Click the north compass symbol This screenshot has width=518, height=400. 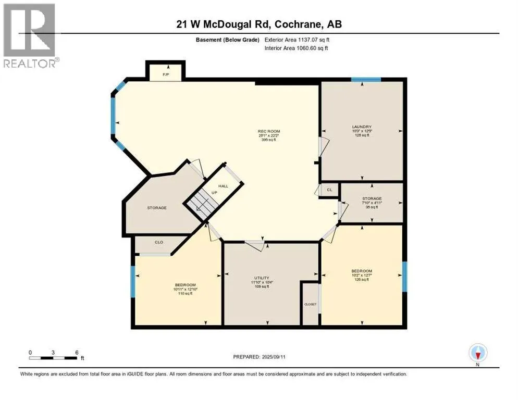coord(478,353)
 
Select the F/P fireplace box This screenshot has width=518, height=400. coord(166,72)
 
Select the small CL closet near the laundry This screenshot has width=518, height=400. coord(329,190)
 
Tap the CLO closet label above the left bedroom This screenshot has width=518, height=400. coord(159,242)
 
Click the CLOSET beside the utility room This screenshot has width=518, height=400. coord(310,304)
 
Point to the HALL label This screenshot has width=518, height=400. coord(223,186)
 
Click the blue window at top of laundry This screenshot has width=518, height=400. coord(365,80)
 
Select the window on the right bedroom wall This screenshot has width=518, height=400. coord(404,276)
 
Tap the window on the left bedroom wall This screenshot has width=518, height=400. coord(133,281)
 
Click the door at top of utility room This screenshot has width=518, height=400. coord(255,242)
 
